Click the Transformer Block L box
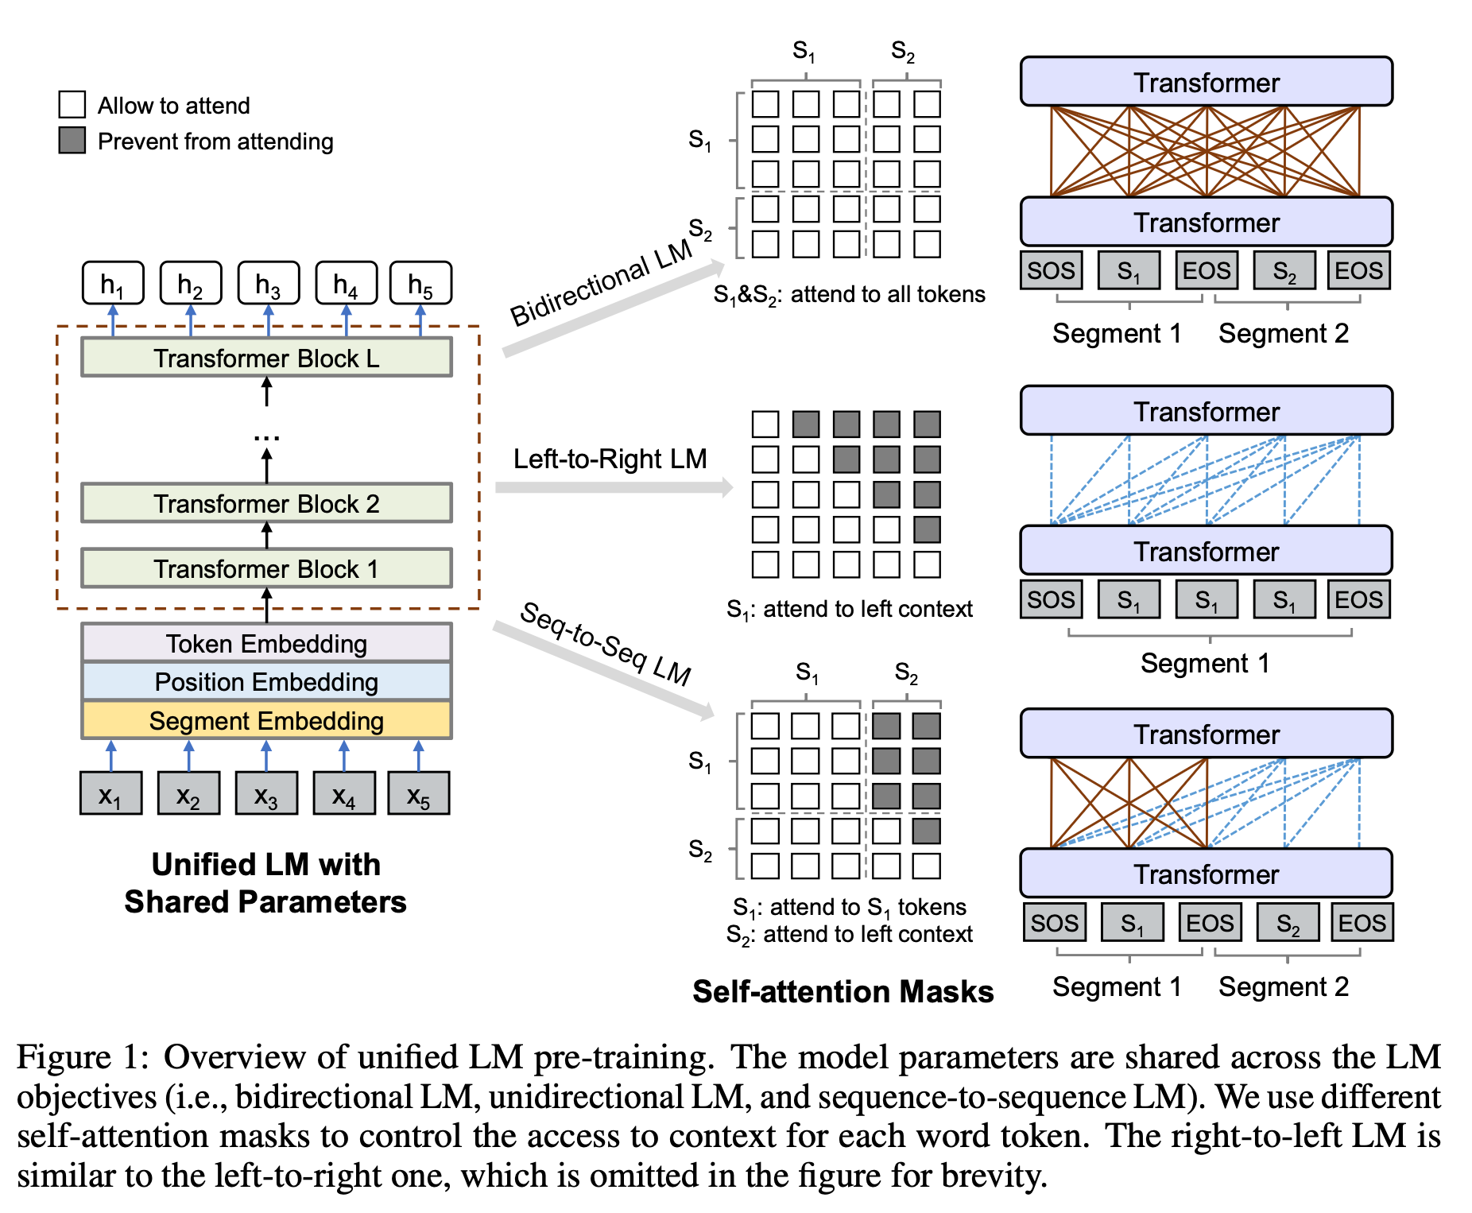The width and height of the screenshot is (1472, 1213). pyautogui.click(x=266, y=358)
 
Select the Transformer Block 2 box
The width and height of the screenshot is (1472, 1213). pyautogui.click(x=266, y=503)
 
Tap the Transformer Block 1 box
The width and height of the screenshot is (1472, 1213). pyautogui.click(x=266, y=568)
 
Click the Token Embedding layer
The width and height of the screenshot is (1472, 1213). pyautogui.click(x=266, y=643)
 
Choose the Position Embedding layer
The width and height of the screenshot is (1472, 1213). pyautogui.click(x=266, y=681)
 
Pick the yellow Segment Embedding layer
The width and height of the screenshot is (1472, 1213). pyautogui.click(x=266, y=720)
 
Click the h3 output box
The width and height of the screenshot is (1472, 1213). pyautogui.click(x=269, y=283)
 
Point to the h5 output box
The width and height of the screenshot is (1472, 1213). pyautogui.click(x=420, y=283)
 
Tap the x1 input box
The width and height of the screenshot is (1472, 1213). pyautogui.click(x=110, y=793)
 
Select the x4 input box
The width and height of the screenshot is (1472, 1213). pyautogui.click(x=343, y=793)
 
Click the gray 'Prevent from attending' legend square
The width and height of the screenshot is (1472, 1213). pyautogui.click(x=72, y=141)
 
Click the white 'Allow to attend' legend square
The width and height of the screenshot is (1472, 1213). pyautogui.click(x=72, y=104)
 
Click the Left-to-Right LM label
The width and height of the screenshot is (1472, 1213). pyautogui.click(x=610, y=459)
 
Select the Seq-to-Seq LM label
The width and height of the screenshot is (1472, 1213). pyautogui.click(x=606, y=643)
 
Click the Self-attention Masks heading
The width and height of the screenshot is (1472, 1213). pyautogui.click(x=843, y=991)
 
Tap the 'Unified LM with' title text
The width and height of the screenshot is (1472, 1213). pyautogui.click(x=266, y=864)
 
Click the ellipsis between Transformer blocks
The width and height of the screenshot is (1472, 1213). pyautogui.click(x=266, y=437)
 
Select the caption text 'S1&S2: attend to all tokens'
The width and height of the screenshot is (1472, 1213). pyautogui.click(x=849, y=295)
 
